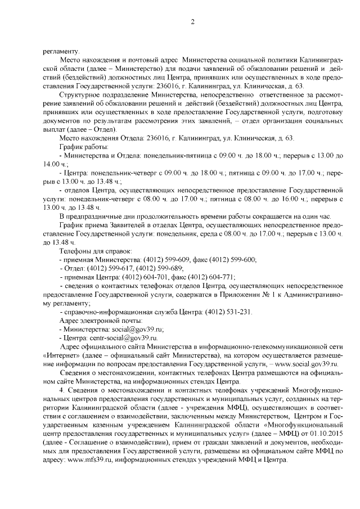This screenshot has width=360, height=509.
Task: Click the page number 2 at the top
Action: [x=192, y=22]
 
